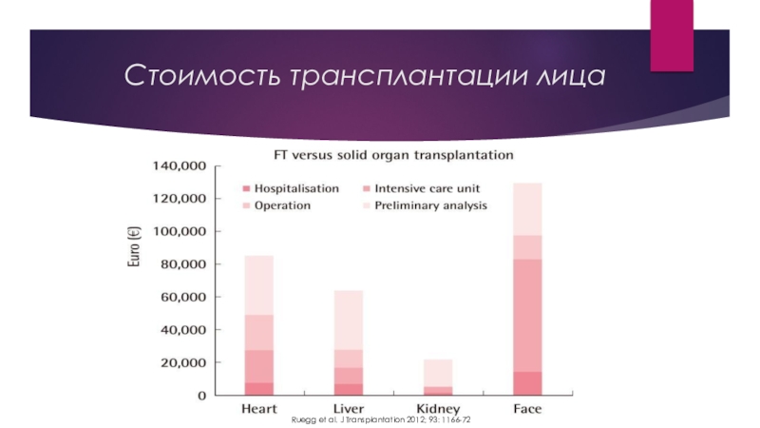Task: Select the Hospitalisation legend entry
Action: click(295, 188)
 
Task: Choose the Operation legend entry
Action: click(282, 204)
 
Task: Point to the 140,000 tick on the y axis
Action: click(180, 166)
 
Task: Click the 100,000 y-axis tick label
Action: click(180, 232)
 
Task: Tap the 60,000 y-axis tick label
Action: click(183, 298)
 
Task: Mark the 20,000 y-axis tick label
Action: click(183, 363)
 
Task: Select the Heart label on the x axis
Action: click(258, 409)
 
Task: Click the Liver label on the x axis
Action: click(348, 409)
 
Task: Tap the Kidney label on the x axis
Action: click(437, 409)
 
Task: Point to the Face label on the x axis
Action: click(527, 409)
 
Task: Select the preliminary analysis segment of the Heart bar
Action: click(258, 285)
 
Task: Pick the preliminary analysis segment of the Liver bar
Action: click(348, 320)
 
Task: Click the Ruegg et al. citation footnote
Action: click(381, 419)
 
